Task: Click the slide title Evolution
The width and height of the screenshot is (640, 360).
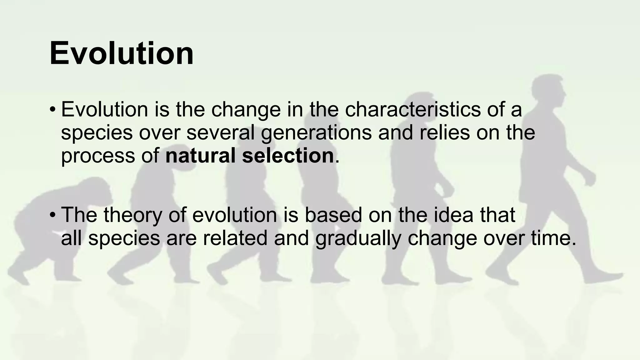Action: [x=121, y=53]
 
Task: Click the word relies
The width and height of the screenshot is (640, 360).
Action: [x=445, y=132]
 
